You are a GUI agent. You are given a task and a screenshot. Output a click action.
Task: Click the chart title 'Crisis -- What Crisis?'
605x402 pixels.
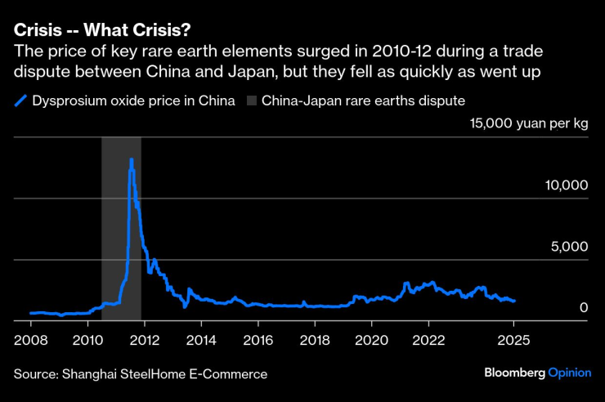tap(102, 30)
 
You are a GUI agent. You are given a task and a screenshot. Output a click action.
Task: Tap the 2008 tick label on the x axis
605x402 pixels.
tap(30, 338)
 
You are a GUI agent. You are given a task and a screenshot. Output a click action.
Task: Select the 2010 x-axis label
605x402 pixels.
tap(87, 338)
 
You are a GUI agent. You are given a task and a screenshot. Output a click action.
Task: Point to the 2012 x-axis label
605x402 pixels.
tap(144, 338)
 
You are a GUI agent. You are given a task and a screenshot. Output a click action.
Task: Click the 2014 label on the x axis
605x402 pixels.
tap(200, 338)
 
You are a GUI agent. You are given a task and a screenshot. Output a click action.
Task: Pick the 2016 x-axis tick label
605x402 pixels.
tap(258, 338)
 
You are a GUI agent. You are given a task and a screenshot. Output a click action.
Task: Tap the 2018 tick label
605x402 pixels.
tap(314, 338)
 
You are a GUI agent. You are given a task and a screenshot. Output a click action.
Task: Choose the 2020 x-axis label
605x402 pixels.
tap(371, 338)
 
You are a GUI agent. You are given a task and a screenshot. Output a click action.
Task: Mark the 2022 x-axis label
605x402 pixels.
tap(428, 338)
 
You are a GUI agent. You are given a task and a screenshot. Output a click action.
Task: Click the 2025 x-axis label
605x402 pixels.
tap(513, 338)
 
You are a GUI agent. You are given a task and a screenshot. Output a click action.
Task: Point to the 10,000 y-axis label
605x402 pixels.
tap(566, 186)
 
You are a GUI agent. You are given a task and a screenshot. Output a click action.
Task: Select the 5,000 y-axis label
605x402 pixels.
tap(571, 248)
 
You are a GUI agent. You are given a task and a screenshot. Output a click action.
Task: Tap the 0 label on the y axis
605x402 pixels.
tap(584, 308)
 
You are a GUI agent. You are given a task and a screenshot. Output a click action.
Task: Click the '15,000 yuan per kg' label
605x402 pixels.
tap(528, 124)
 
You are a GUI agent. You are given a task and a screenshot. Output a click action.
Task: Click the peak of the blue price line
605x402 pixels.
tap(131, 159)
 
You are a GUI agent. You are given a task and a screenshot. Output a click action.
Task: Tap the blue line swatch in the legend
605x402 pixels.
tap(20, 101)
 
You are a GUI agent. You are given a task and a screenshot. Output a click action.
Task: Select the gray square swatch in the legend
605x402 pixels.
tap(251, 101)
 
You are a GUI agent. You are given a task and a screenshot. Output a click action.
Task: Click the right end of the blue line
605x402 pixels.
tap(513, 301)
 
